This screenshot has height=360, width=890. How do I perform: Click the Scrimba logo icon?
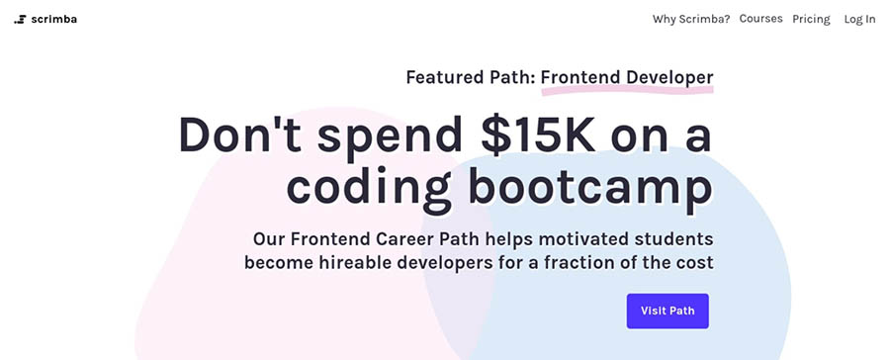[x=20, y=20]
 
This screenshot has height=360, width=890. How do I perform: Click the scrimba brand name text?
[x=54, y=20]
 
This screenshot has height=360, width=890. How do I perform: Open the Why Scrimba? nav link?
[x=691, y=20]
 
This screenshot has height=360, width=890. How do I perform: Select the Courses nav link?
[x=760, y=19]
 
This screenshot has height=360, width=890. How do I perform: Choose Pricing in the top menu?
[x=811, y=20]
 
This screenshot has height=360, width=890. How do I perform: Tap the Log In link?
[x=859, y=20]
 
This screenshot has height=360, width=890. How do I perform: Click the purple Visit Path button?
[x=667, y=312]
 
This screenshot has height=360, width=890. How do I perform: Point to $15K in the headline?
[x=537, y=135]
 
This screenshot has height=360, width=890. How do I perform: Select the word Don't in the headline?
[x=240, y=134]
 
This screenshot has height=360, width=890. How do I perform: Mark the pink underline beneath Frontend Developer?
[x=627, y=90]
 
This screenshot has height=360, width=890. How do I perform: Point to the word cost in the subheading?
[x=692, y=264]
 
